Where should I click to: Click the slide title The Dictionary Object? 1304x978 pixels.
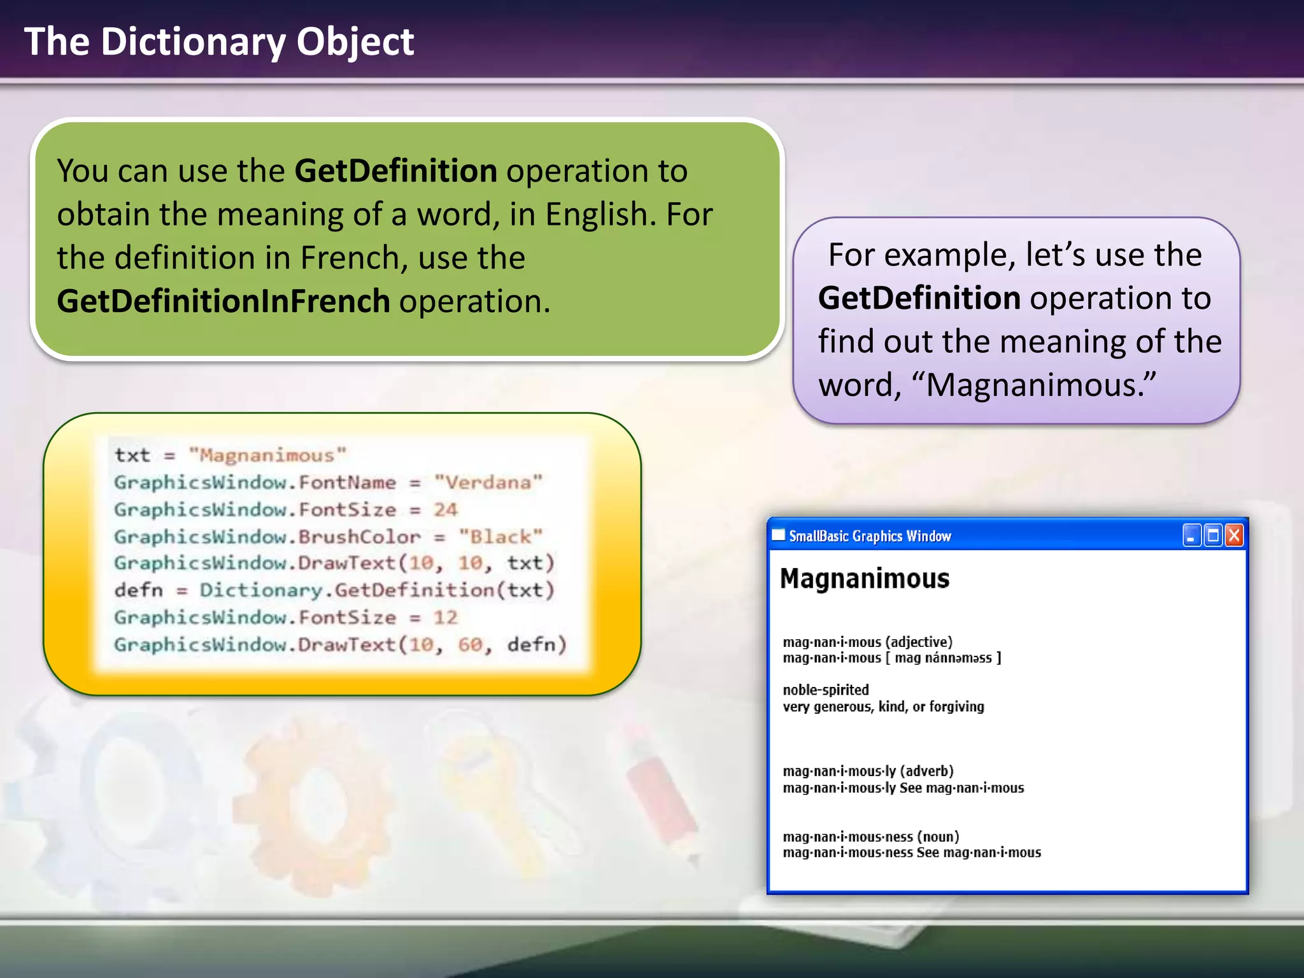[x=218, y=42]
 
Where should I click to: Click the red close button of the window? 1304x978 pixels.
[x=1234, y=535]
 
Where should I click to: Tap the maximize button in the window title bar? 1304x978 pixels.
[x=1213, y=535]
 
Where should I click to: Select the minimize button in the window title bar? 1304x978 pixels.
[x=1191, y=535]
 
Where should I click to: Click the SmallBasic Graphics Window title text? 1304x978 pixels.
[x=870, y=536]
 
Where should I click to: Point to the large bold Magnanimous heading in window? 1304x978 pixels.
[x=865, y=578]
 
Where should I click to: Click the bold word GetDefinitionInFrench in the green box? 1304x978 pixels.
[x=223, y=301]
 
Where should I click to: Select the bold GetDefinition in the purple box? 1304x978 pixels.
[x=919, y=297]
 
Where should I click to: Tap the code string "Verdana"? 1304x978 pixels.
[x=488, y=482]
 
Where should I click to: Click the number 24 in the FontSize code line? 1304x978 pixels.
[x=445, y=509]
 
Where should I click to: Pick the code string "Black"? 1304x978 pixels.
[x=500, y=537]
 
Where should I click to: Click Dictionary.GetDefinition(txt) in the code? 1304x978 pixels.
[x=377, y=590]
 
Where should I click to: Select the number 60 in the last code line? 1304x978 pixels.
[x=471, y=644]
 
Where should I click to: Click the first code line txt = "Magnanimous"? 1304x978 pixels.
[x=230, y=455]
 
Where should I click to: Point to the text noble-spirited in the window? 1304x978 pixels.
[x=825, y=690]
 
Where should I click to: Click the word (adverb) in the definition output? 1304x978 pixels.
[x=926, y=771]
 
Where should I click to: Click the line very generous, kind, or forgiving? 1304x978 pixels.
[x=883, y=706]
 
